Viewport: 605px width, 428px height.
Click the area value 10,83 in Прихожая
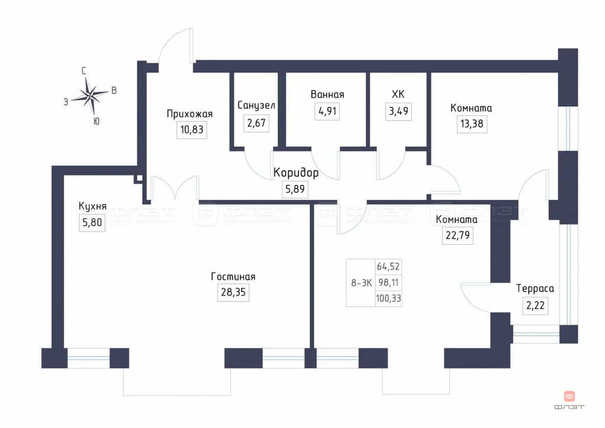(193, 130)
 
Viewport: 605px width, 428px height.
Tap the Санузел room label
(256, 105)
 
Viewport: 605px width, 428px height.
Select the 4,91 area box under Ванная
(327, 111)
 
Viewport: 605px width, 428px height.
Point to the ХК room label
(398, 94)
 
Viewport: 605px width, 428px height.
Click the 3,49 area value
(398, 111)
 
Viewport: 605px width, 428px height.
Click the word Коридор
(296, 173)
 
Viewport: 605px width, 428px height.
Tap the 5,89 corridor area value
(296, 190)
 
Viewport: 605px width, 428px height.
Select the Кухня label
(92, 206)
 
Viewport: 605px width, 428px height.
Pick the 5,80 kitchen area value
(92, 223)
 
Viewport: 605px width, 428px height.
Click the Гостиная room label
(233, 277)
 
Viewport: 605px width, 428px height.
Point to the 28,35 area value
(233, 293)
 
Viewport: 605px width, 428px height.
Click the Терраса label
(535, 288)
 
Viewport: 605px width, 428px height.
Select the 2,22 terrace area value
(535, 305)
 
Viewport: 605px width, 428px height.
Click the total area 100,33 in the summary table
(388, 299)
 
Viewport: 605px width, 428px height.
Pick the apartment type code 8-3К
(361, 283)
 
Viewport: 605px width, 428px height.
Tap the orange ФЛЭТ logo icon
(570, 397)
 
